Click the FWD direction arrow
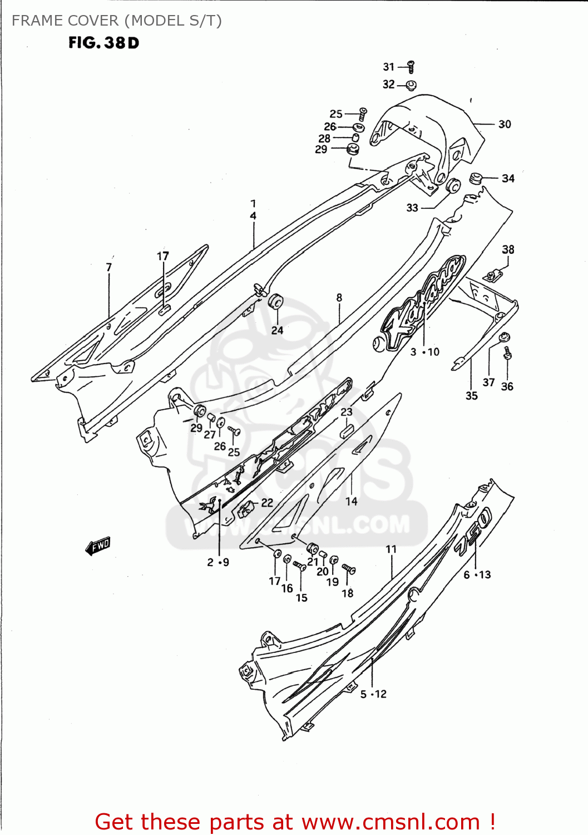click(x=98, y=546)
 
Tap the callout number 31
click(x=388, y=67)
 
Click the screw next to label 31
click(x=411, y=67)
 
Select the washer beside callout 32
click(x=411, y=85)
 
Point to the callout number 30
click(x=505, y=124)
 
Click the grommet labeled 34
click(x=475, y=179)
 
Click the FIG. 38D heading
click(x=103, y=43)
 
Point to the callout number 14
click(x=351, y=502)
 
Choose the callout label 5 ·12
click(x=373, y=694)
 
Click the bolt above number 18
click(x=348, y=569)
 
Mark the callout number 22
click(x=267, y=503)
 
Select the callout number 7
click(x=109, y=268)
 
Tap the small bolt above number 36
click(x=507, y=353)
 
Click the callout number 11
click(x=391, y=549)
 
